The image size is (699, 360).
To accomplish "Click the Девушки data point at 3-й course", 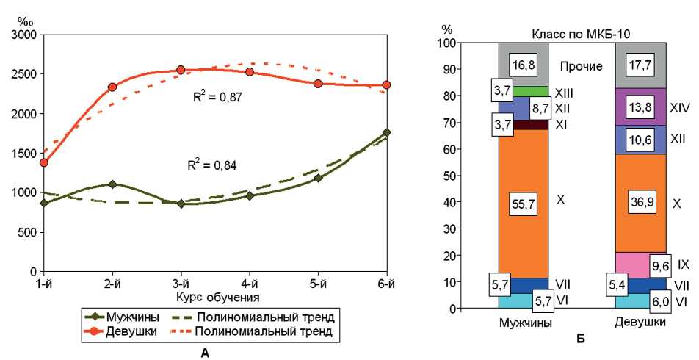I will point(181,70).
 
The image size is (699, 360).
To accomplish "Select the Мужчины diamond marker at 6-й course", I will point(387,132).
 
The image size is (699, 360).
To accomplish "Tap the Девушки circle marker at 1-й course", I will point(44,162).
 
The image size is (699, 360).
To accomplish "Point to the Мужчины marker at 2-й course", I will point(112,184).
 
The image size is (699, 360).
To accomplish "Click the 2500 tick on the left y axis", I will point(23,74).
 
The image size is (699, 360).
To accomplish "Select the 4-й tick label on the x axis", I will point(250,284).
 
